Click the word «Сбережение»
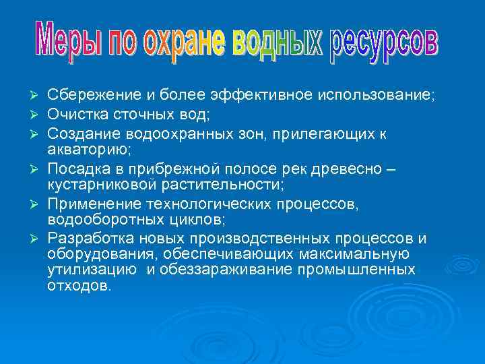91,96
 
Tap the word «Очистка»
77,115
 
